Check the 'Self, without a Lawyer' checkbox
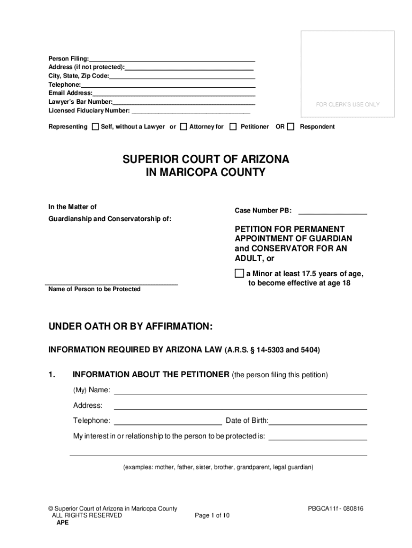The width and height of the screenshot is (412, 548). click(x=95, y=127)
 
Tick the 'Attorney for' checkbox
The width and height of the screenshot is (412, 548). click(x=184, y=127)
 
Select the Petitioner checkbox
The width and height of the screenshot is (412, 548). click(x=233, y=127)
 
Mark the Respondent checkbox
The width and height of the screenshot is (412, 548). click(x=291, y=127)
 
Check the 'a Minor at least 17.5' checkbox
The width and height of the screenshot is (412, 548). click(x=239, y=274)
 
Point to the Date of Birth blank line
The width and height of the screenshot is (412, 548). click(x=318, y=423)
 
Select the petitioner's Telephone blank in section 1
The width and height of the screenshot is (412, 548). click(x=168, y=423)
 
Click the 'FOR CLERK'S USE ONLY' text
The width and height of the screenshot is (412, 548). click(x=348, y=105)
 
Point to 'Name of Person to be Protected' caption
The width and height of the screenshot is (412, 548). click(x=95, y=290)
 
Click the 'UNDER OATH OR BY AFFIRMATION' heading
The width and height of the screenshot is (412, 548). click(x=131, y=327)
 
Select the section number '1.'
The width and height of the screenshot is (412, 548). click(x=52, y=375)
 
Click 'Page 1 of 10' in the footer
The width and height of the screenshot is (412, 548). click(x=212, y=515)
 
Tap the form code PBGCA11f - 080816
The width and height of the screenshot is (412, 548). click(x=335, y=508)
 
